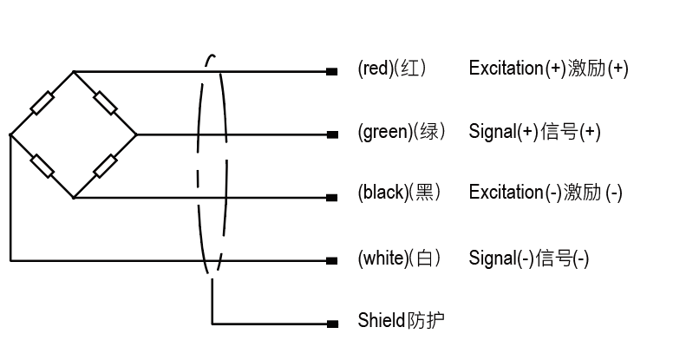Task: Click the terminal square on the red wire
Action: [331, 71]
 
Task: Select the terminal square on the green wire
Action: [331, 134]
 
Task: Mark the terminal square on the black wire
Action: [331, 197]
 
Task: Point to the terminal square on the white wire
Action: [331, 260]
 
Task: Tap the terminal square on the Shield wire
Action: [331, 324]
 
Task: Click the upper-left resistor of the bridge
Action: [42, 103]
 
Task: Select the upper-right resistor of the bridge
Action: [105, 103]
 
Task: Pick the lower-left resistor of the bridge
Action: [42, 166]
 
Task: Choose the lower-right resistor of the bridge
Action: [105, 166]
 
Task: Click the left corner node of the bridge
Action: [10, 134]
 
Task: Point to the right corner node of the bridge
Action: [136, 134]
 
